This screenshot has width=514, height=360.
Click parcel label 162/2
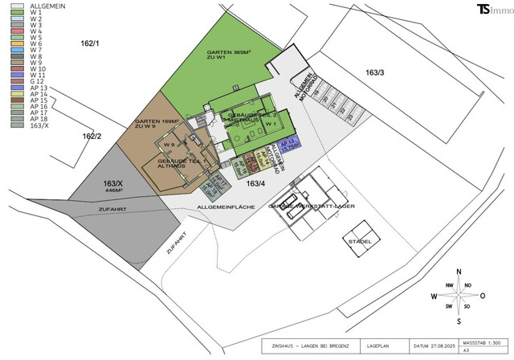(x=92, y=136)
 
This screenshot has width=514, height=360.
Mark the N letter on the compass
(x=457, y=272)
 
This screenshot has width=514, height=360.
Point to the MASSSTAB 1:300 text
(x=478, y=342)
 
